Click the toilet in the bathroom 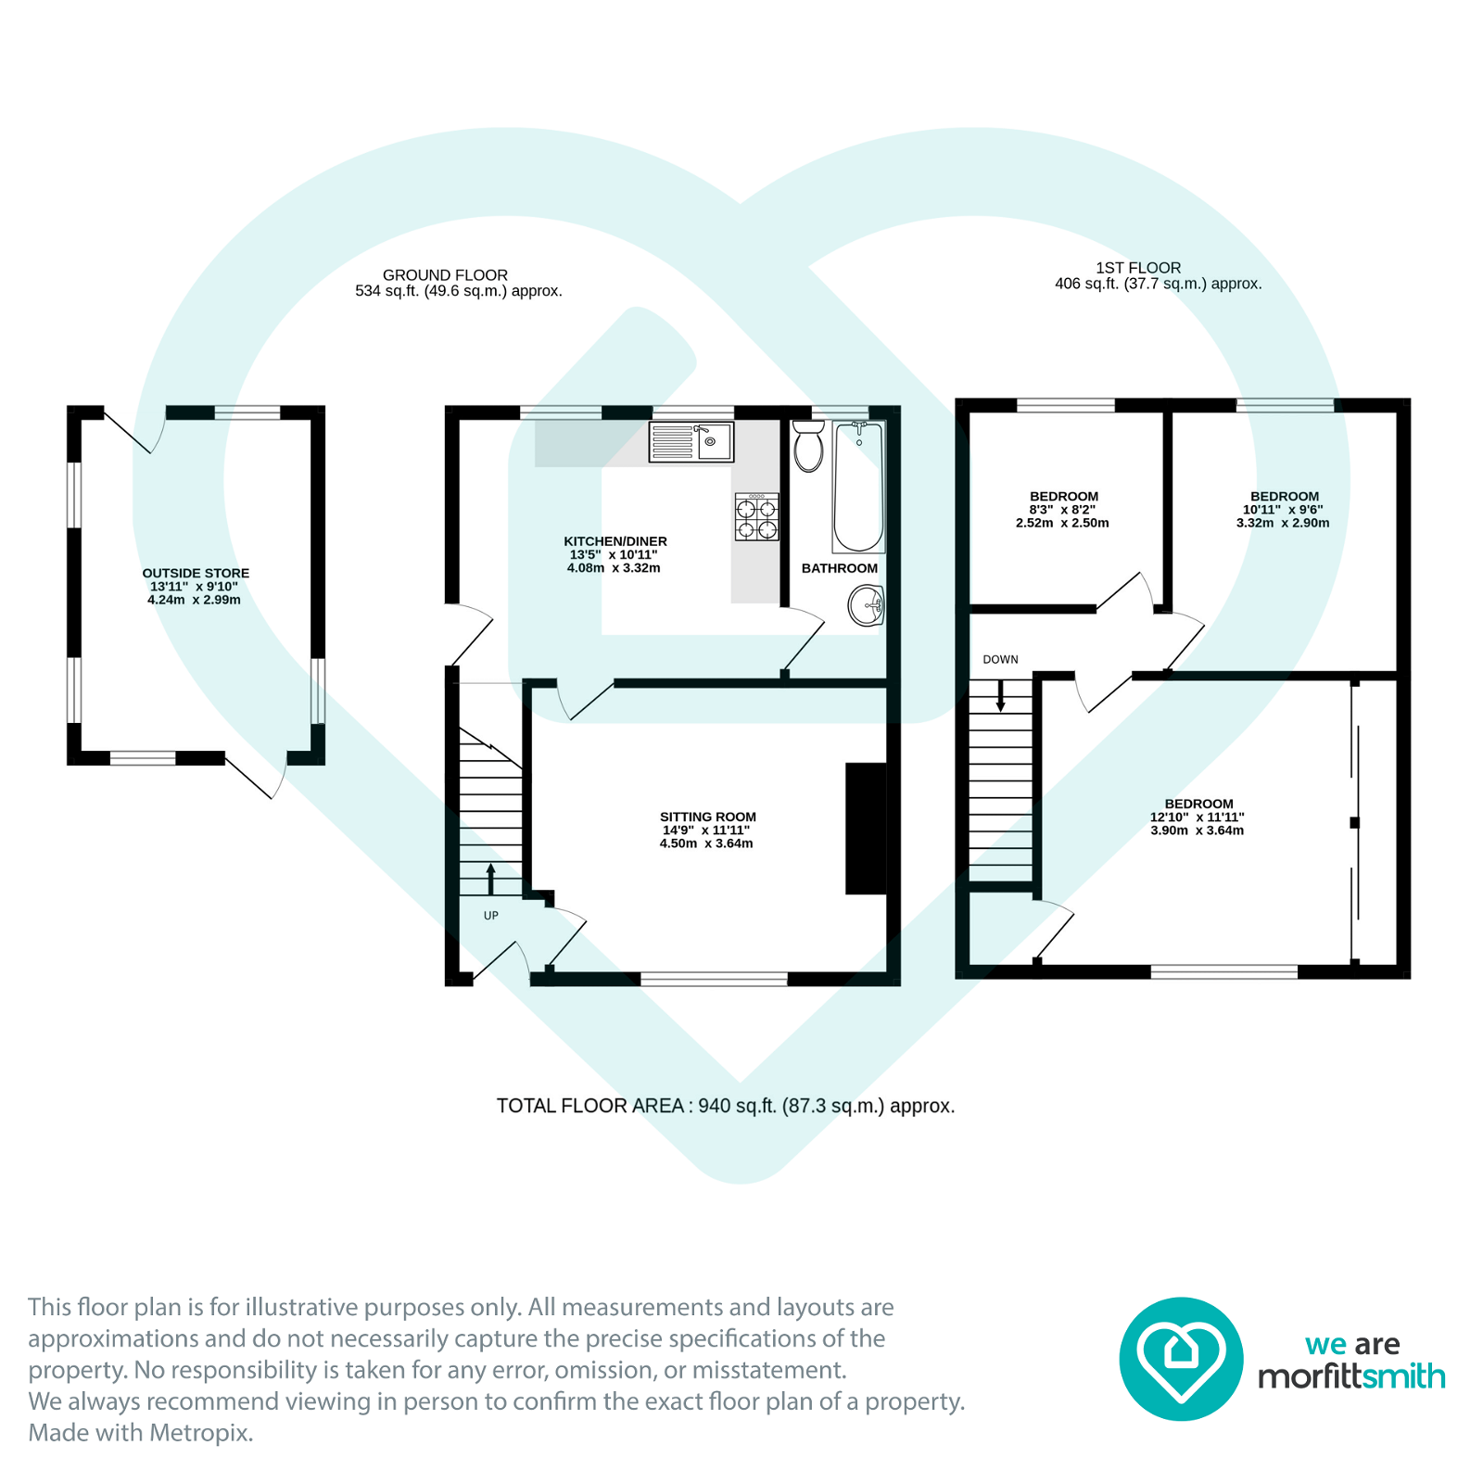click(808, 448)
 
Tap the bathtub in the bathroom click(858, 488)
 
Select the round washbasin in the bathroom click(866, 607)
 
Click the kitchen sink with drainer click(691, 442)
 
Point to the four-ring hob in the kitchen click(756, 517)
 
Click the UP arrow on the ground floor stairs click(490, 879)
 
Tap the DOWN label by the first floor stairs click(1000, 660)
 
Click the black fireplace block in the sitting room click(866, 829)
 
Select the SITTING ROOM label click(707, 817)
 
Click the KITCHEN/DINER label click(615, 541)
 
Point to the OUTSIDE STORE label click(196, 573)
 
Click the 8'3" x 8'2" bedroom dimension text click(1062, 510)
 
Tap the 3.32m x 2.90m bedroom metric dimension click(1282, 523)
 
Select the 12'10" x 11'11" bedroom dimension click(1197, 818)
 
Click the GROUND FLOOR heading click(445, 275)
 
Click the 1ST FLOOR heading click(1138, 268)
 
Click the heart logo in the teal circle click(1180, 1359)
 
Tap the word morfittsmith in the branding click(1350, 1376)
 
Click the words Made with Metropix click(141, 1433)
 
